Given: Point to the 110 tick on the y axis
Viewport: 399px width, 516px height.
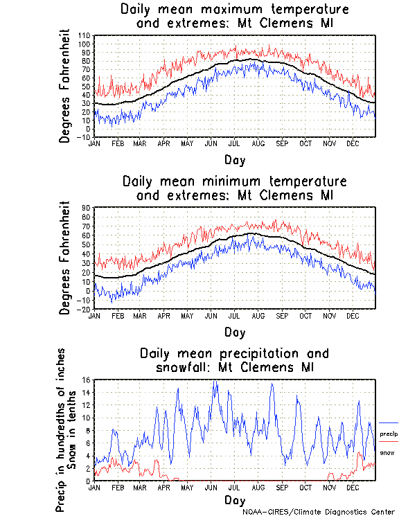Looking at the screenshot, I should (84, 35).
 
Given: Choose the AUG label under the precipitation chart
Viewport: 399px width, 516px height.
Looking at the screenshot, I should (258, 488).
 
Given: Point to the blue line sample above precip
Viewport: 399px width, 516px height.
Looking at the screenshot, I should (389, 423).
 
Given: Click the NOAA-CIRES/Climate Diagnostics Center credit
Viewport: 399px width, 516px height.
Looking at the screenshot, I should (319, 512).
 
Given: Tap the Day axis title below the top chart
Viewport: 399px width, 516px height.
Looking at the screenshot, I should (234, 160).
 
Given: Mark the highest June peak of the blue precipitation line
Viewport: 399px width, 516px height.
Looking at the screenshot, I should (215, 381).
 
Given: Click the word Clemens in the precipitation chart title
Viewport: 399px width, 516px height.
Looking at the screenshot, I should (266, 367).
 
